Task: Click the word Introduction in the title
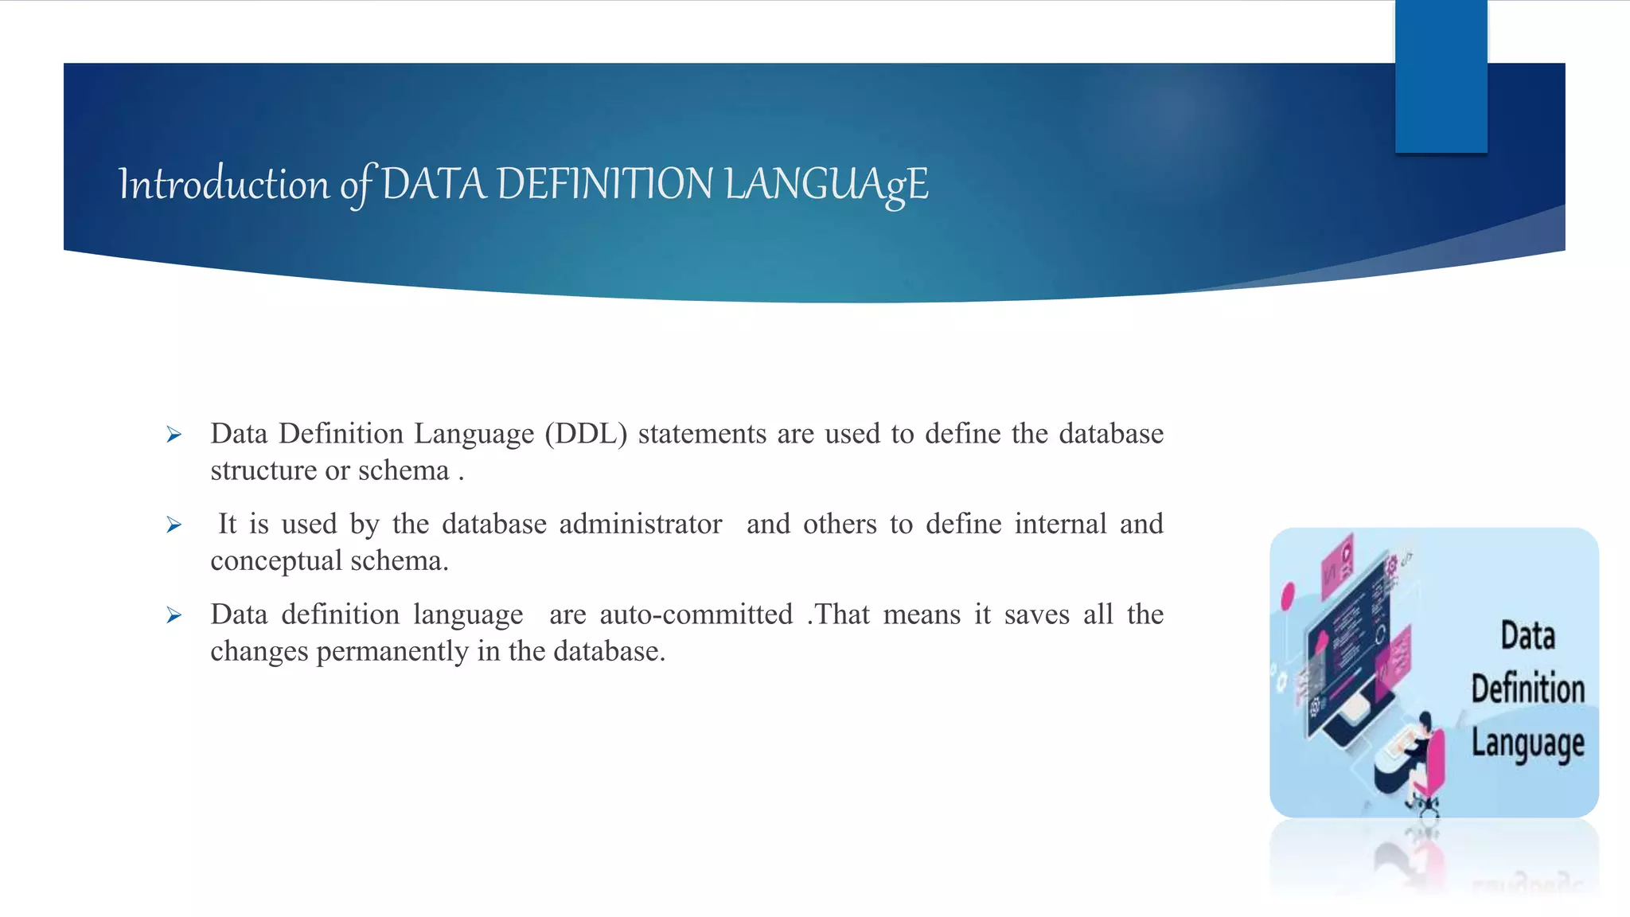[x=224, y=184]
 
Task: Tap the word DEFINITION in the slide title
[x=605, y=184]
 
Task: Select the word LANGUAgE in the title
[x=827, y=184]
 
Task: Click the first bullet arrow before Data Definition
[x=174, y=435]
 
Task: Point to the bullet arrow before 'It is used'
[x=174, y=525]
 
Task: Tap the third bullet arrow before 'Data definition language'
[x=174, y=615]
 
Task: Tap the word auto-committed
[x=696, y=615]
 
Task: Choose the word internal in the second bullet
[x=1060, y=524]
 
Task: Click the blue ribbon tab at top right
[x=1441, y=76]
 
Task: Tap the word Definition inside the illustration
[x=1527, y=689]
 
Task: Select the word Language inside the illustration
[x=1527, y=743]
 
